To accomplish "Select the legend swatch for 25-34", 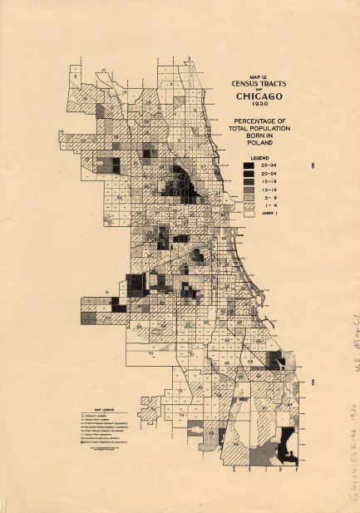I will (248, 165).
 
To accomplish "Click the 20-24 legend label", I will (267, 175).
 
